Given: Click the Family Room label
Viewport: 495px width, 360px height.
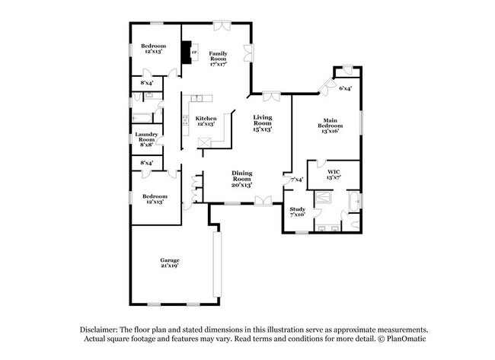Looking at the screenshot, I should (x=219, y=55).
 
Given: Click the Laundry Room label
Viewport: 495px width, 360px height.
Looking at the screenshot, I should (x=145, y=137).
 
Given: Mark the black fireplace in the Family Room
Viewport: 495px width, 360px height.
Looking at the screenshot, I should (x=184, y=53).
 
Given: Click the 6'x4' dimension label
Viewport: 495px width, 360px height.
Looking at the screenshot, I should (x=345, y=88).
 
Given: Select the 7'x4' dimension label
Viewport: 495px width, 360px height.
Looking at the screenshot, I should (x=297, y=180).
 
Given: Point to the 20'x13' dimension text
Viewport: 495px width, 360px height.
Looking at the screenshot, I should (x=241, y=185).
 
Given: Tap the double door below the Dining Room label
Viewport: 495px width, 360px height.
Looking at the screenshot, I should (x=263, y=201).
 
